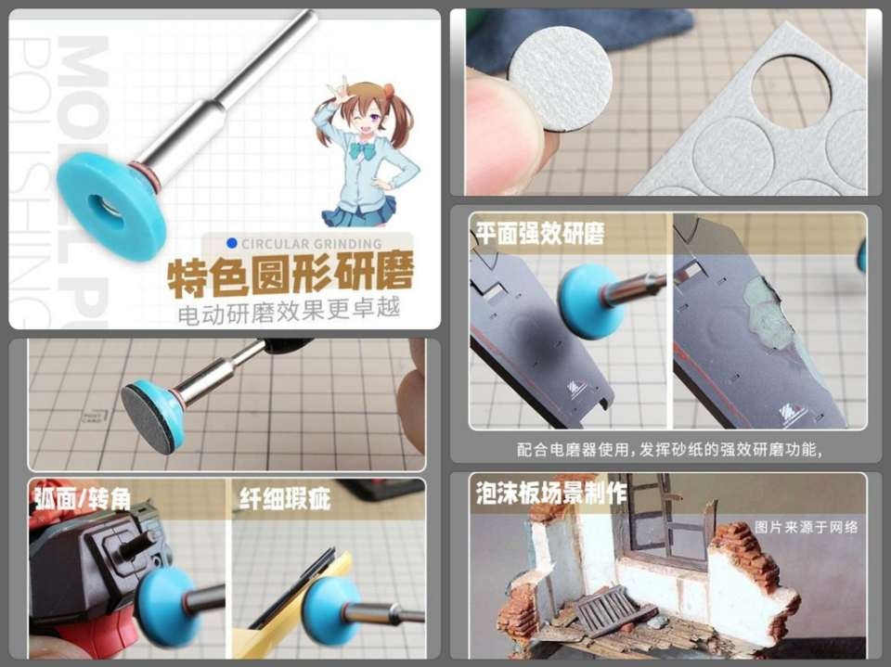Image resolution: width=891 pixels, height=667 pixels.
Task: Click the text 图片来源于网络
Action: tap(806, 527)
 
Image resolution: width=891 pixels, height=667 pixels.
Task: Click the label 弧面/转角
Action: tap(82, 499)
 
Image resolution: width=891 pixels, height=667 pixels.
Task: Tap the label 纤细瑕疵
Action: tap(285, 499)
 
